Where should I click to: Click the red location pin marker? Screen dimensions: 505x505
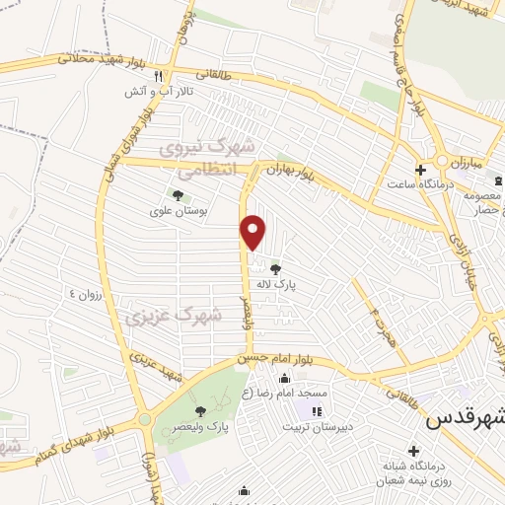point(253,232)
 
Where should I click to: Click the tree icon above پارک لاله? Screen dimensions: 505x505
point(275,268)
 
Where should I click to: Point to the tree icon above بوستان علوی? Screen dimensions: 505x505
point(178,195)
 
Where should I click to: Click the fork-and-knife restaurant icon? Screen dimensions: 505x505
point(171,75)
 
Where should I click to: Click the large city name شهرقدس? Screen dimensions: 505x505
point(464,418)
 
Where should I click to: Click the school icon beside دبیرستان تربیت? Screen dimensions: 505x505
point(316,411)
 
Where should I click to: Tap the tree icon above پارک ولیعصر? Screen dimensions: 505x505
point(201,410)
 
